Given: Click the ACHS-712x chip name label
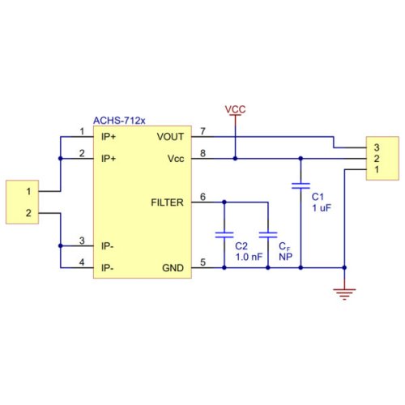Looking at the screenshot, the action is click(119, 121).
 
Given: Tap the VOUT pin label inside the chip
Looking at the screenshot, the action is click(170, 137).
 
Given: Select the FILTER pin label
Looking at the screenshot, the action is click(167, 202).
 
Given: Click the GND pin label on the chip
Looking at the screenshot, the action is click(173, 268).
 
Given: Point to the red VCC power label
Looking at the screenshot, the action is click(235, 109).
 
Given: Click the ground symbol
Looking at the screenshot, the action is click(344, 294).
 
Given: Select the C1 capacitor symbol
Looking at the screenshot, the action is click(301, 185).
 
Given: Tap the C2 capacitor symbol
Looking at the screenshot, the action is click(224, 235).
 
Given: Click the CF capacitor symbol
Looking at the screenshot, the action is click(268, 235).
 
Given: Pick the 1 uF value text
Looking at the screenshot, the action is click(322, 208).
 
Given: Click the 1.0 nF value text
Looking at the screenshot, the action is click(249, 257).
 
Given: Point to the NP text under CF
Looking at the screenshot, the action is click(285, 257).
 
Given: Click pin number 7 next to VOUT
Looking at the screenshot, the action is click(202, 131).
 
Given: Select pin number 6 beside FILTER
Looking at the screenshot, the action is click(202, 197).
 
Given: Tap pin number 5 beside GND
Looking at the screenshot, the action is click(202, 262).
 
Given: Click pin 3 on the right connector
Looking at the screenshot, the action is click(377, 147).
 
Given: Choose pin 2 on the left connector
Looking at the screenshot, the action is click(28, 213).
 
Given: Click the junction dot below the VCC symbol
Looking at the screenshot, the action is click(235, 159).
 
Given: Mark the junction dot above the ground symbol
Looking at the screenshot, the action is click(344, 267).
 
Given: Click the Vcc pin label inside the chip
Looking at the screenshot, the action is click(176, 159).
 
